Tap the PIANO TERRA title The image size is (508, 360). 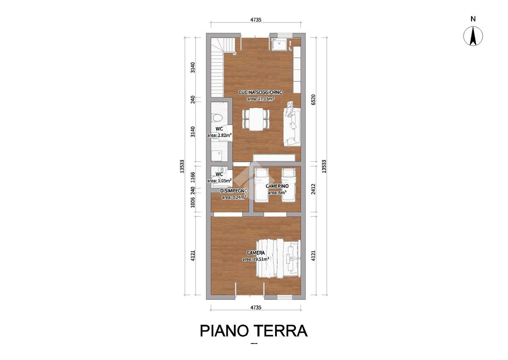(x=254, y=331)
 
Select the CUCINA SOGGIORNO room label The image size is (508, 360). (x=260, y=92)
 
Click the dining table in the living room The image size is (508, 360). (x=256, y=119)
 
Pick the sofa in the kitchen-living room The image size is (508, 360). (x=292, y=126)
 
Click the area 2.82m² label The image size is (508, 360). (x=219, y=136)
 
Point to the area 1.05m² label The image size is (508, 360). (x=219, y=181)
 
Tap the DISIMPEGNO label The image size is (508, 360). (x=234, y=191)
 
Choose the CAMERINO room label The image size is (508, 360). (x=277, y=186)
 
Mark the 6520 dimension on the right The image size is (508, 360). (x=313, y=100)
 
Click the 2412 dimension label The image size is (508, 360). (x=313, y=189)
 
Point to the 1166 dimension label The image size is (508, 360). (x=193, y=177)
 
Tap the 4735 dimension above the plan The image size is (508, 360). (x=256, y=20)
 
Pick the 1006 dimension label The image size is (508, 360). (x=193, y=202)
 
